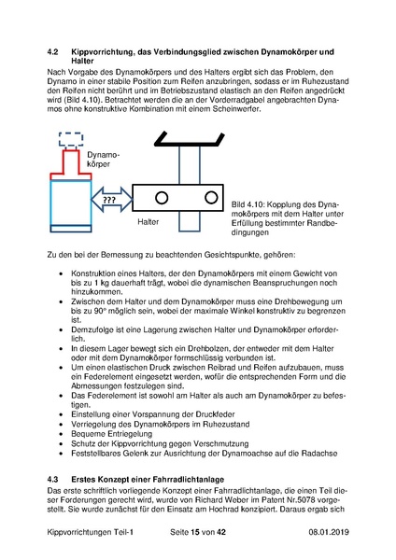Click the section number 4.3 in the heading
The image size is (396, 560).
click(54, 478)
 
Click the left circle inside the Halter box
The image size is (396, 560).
click(162, 197)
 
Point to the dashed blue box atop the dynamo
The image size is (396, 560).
click(69, 139)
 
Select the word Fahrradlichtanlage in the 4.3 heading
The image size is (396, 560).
click(186, 478)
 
